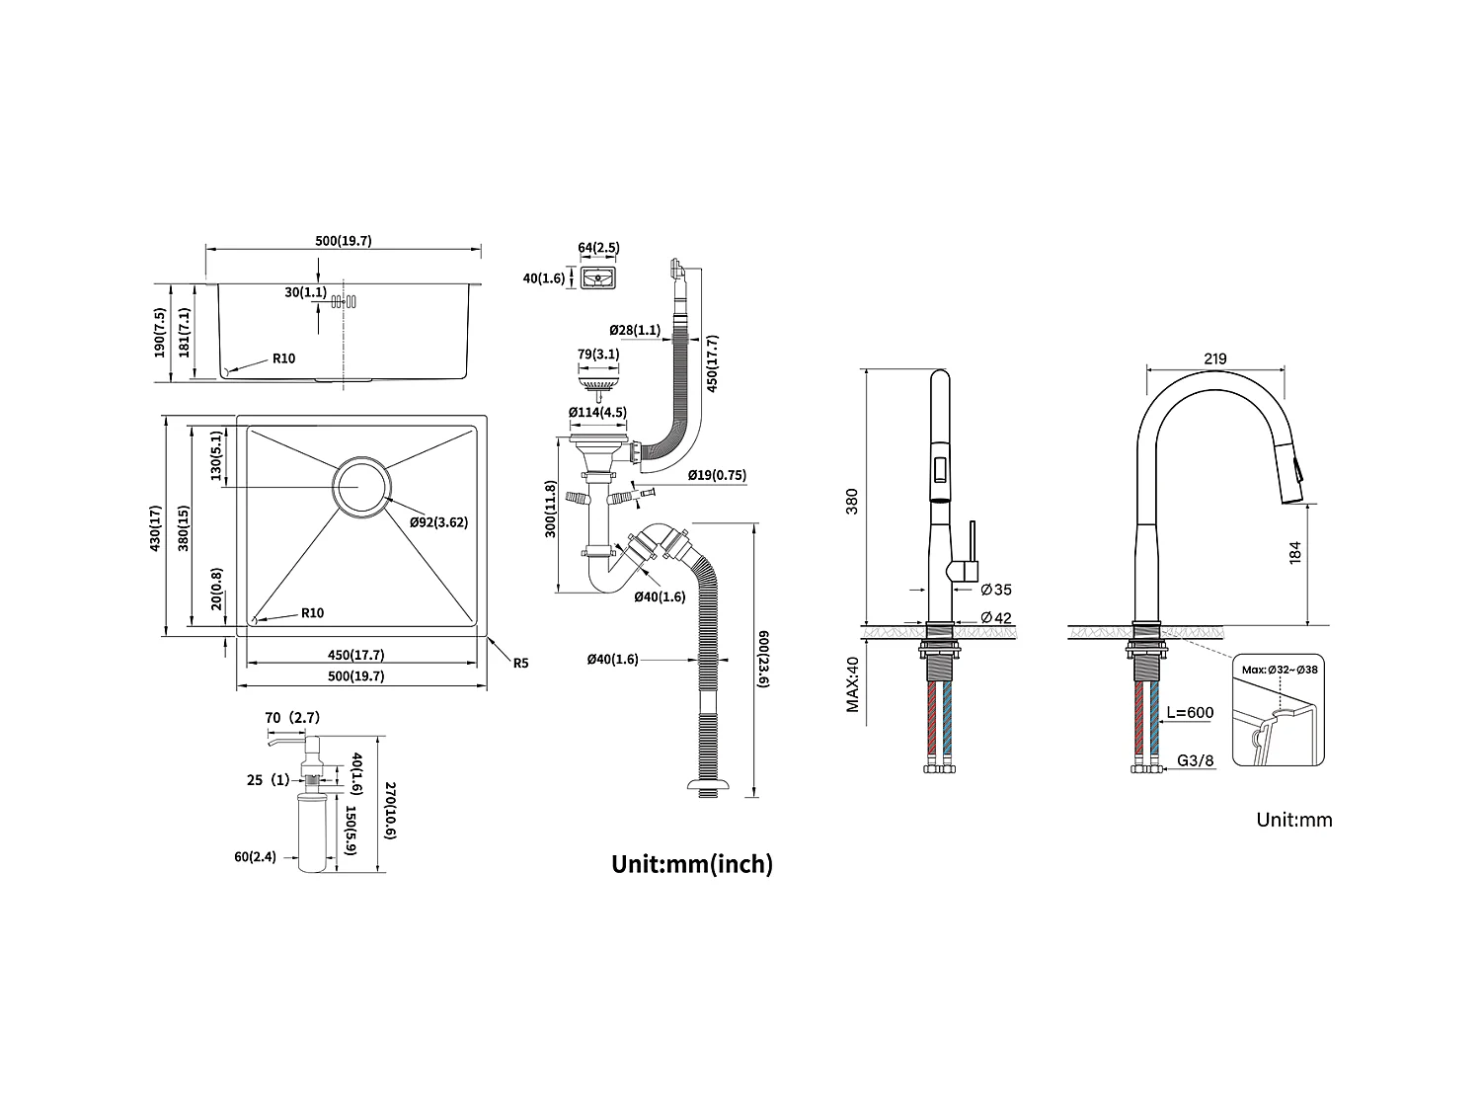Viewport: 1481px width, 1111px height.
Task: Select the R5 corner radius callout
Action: click(x=520, y=663)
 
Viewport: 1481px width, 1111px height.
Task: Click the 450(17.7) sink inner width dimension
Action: click(x=355, y=655)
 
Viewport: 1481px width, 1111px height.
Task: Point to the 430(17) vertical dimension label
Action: click(x=155, y=528)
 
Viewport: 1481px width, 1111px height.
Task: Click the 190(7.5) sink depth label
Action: click(x=160, y=333)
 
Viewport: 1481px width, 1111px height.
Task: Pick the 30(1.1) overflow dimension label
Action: click(x=305, y=292)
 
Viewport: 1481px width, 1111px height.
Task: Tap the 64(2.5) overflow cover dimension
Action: click(x=598, y=248)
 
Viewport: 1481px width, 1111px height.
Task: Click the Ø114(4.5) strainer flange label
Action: click(x=597, y=412)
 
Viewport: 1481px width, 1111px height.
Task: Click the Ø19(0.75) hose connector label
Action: click(x=717, y=475)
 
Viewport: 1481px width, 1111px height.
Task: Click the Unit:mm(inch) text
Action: click(x=692, y=864)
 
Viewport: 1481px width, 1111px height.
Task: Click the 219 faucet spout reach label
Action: click(x=1215, y=359)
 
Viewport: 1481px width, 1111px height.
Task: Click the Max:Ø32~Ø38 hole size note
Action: click(x=1281, y=670)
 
